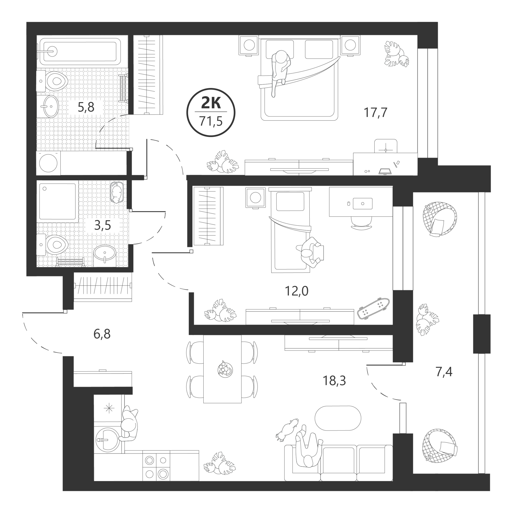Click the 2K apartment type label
point(211,103)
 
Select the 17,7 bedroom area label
point(375,112)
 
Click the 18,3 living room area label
point(334,381)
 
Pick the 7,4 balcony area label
point(444,372)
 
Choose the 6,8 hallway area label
point(102,334)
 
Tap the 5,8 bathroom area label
point(86,107)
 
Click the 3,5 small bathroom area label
point(103,226)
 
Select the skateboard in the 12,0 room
point(373,308)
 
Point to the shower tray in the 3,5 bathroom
point(57,201)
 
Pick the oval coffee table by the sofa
point(338,418)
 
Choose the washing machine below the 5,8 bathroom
point(48,163)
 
